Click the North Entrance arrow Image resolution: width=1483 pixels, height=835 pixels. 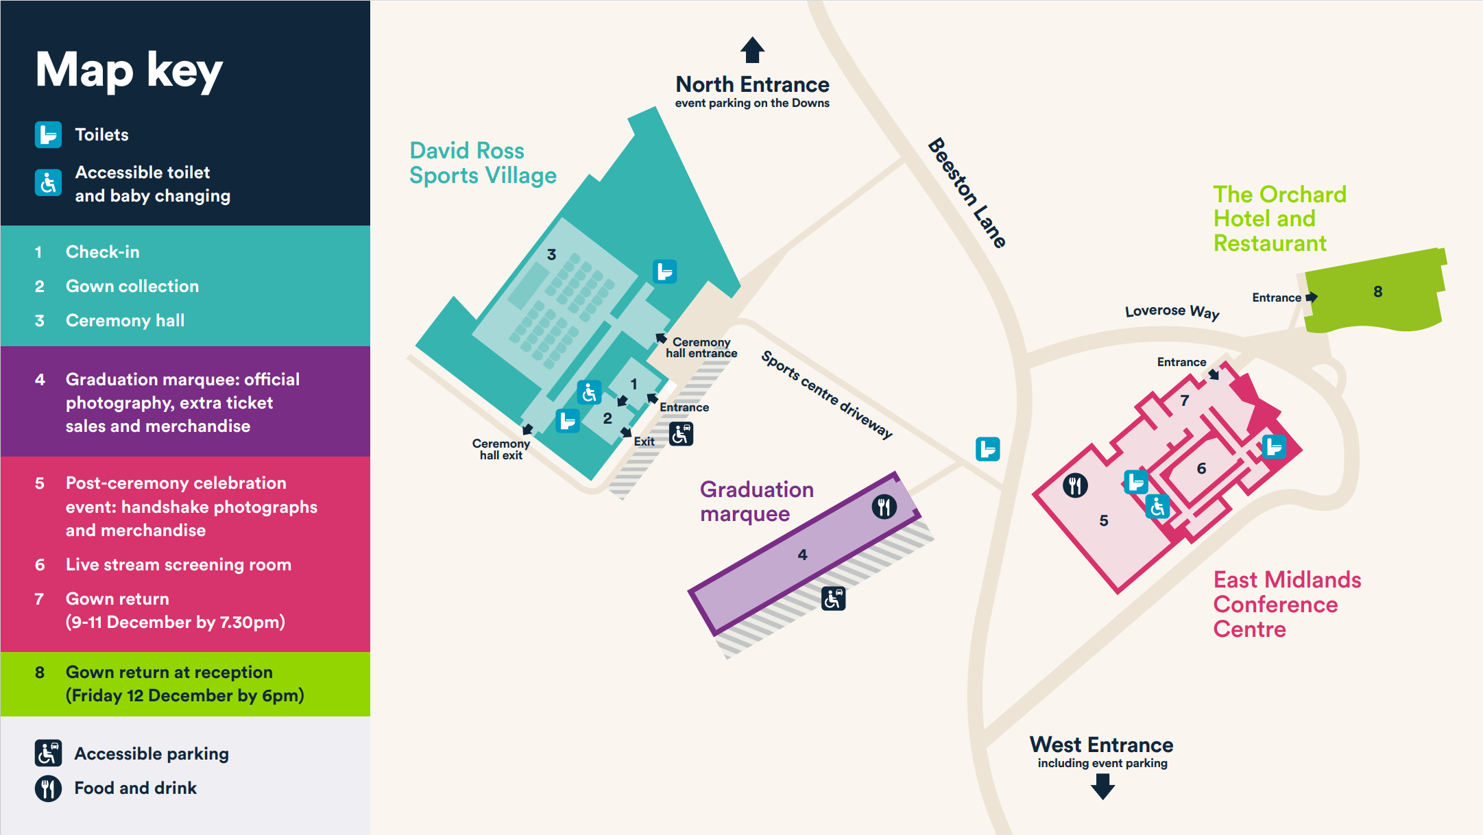752,50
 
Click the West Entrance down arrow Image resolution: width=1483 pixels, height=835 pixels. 1102,786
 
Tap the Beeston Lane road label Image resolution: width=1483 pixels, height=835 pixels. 967,193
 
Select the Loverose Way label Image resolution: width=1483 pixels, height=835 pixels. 1172,311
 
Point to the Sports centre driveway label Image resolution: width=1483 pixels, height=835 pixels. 827,395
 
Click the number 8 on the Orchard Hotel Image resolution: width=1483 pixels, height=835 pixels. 1377,292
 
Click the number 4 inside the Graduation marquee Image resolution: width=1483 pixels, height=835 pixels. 802,555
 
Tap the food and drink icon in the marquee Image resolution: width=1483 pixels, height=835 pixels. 884,507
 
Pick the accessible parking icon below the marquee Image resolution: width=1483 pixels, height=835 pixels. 833,598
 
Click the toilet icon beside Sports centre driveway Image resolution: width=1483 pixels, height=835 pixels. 987,449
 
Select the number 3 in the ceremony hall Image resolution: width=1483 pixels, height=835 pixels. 551,255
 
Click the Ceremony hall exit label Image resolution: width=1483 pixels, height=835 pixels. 501,450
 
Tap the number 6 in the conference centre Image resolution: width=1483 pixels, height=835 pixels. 1201,469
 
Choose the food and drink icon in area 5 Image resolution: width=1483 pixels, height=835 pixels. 1075,485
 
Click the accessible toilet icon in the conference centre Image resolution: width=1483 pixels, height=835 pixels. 1157,507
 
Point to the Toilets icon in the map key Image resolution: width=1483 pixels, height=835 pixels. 48,134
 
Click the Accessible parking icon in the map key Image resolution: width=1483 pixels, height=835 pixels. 48,753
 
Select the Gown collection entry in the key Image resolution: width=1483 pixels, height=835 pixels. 132,287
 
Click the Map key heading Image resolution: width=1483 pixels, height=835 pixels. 129,70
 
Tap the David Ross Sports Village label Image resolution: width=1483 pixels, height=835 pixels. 483,163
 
